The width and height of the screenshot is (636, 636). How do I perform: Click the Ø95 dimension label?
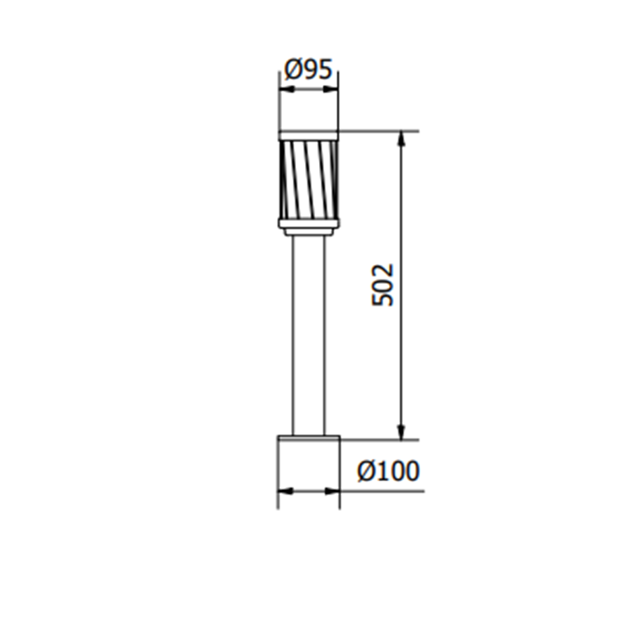(x=308, y=69)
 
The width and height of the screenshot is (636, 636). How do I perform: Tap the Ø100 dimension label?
(x=388, y=471)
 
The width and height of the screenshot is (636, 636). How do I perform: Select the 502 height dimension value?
(x=383, y=285)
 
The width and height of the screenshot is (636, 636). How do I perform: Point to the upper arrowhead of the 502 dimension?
(x=402, y=139)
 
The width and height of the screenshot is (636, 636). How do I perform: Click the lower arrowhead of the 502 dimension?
(x=402, y=432)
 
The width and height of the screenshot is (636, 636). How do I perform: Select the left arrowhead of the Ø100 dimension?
(x=285, y=491)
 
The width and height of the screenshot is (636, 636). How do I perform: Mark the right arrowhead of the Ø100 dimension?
(x=332, y=491)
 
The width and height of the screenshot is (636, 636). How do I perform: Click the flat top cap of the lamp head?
(x=308, y=135)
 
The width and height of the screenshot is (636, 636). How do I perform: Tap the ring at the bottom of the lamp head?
(x=308, y=223)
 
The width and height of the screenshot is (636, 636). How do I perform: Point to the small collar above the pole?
(x=308, y=232)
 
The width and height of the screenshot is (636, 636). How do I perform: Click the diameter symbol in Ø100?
(x=367, y=471)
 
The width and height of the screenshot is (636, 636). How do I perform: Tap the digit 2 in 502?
(x=383, y=270)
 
